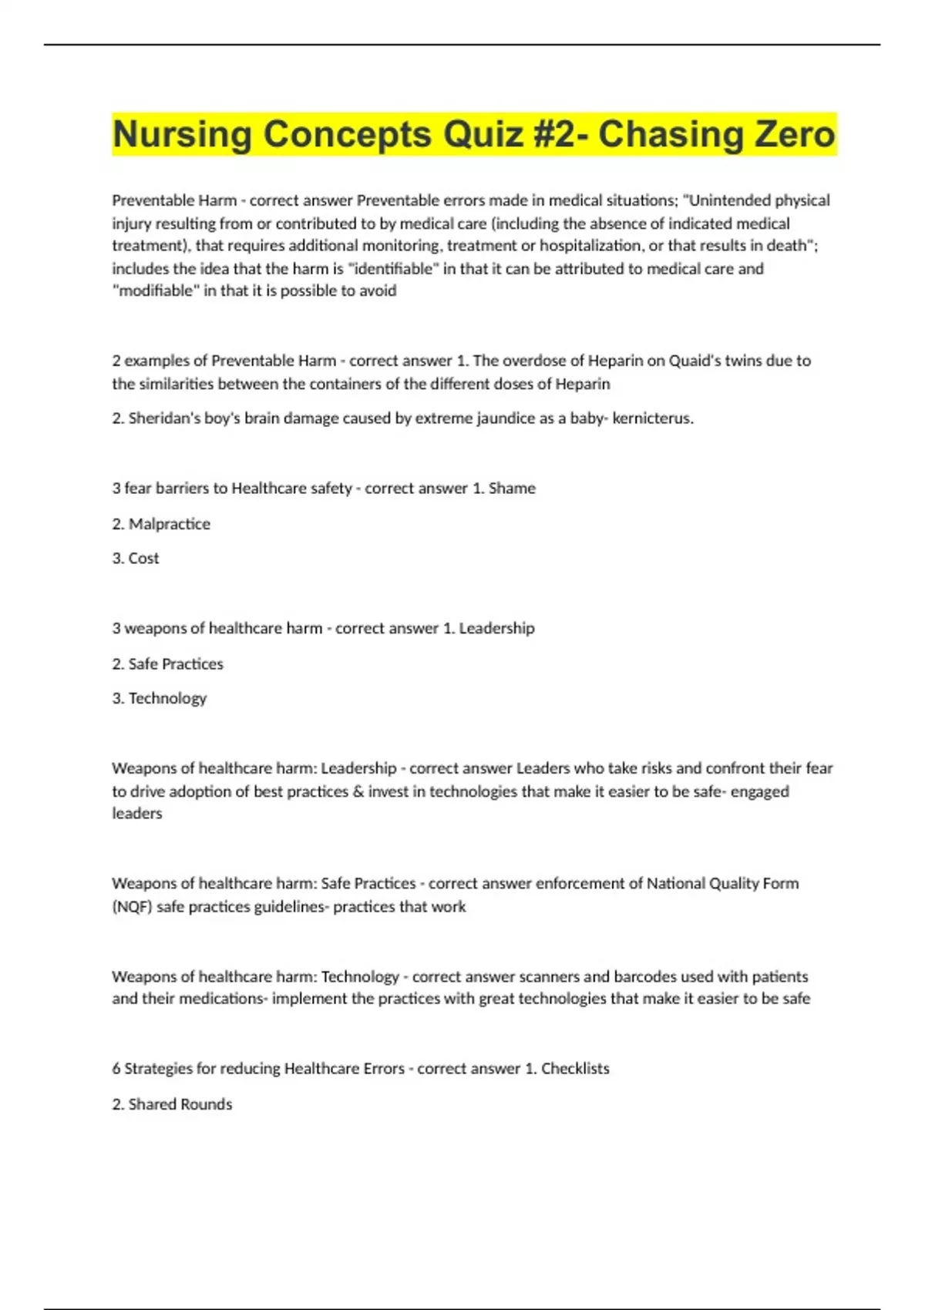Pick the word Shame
(x=512, y=489)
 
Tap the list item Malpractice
(x=169, y=524)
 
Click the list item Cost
(x=143, y=559)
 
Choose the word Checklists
(x=575, y=1069)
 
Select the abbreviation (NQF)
(x=132, y=907)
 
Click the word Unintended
(x=727, y=200)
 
